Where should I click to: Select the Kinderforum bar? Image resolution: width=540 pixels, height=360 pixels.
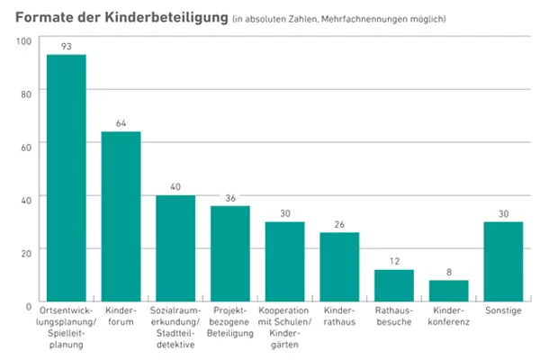(x=121, y=217)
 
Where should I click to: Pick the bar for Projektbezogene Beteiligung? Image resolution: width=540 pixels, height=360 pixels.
(x=230, y=254)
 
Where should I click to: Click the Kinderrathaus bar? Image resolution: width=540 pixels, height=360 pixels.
(x=339, y=266)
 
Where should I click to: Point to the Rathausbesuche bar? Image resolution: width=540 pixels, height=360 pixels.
(x=394, y=285)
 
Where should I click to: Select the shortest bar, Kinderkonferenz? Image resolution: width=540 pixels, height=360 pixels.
(x=448, y=291)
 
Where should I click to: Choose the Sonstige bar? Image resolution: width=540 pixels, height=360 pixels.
(x=503, y=261)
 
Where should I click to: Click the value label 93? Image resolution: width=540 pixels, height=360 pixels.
(x=67, y=46)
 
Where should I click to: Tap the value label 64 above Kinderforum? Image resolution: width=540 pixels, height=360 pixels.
(x=121, y=122)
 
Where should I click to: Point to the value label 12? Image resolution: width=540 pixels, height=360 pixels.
(x=394, y=260)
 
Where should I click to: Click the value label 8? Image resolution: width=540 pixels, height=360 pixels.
(x=448, y=271)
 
